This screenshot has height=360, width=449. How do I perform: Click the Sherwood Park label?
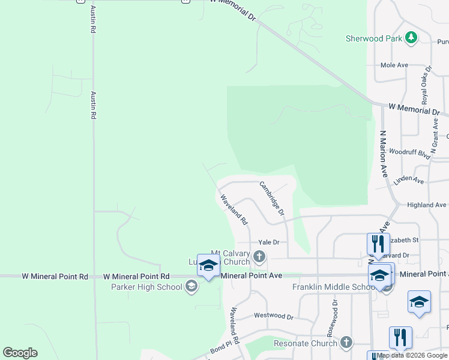coord(373,38)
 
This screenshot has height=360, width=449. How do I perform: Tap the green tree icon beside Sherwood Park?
coord(411,38)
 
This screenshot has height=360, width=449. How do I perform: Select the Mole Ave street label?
coord(394,65)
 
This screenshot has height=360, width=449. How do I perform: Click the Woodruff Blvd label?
coord(409,152)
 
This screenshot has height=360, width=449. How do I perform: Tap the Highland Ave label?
coord(426,205)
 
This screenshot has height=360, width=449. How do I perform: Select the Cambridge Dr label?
coord(272,199)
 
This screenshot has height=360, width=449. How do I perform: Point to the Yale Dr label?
coord(268,242)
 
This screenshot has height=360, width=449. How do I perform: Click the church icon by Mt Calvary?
coord(259,257)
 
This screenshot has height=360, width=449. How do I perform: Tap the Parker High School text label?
coord(146,287)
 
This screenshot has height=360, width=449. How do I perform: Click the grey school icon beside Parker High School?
coord(191,287)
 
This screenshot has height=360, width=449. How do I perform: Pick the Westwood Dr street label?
coord(273,316)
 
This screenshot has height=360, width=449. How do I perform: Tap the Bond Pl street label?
coord(220,349)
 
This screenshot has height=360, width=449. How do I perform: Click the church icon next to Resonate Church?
coord(346,343)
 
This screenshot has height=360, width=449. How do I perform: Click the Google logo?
coord(20,353)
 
